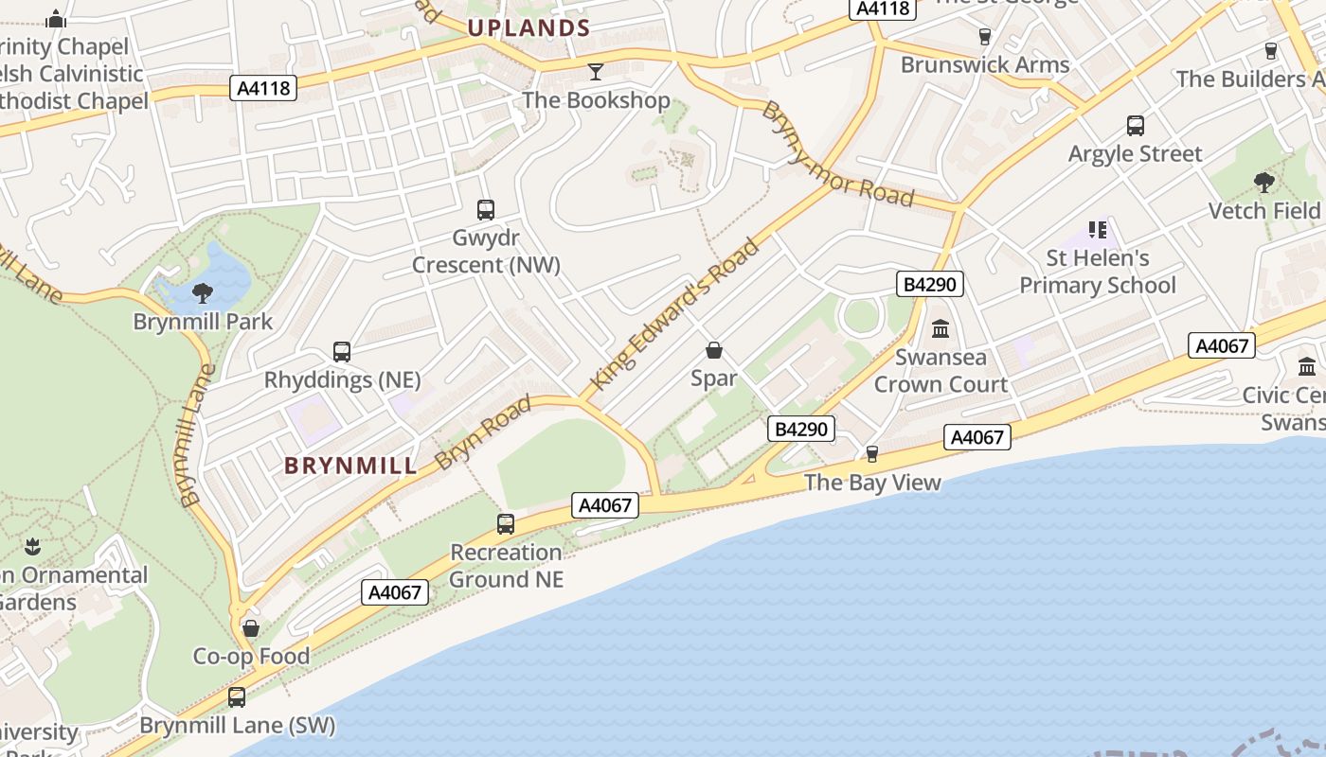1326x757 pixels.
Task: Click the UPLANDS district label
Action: point(529,28)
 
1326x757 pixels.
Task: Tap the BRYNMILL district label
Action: point(350,466)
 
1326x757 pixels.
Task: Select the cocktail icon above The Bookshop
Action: point(596,71)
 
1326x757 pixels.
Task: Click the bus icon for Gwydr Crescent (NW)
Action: point(486,210)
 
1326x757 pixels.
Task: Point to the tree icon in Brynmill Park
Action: point(202,292)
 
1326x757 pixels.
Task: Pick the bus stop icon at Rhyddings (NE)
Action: point(342,352)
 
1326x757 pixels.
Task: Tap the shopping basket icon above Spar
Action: point(714,351)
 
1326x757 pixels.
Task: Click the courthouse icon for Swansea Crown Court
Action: point(941,328)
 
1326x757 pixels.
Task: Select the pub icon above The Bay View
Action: point(872,454)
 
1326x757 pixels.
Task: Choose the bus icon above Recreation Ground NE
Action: point(506,523)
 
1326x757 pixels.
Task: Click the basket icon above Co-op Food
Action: point(251,628)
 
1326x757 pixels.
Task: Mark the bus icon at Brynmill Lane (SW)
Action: point(237,697)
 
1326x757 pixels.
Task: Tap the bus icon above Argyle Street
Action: point(1135,125)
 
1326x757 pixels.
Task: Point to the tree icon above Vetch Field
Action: point(1263,182)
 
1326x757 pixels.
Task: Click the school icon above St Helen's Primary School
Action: point(1098,229)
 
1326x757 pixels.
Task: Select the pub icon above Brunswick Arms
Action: point(984,37)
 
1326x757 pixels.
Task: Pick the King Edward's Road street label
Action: point(674,314)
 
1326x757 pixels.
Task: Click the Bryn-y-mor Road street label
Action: point(837,155)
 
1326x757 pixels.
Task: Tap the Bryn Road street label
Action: point(483,433)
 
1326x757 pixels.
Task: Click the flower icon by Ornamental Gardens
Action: point(33,546)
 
